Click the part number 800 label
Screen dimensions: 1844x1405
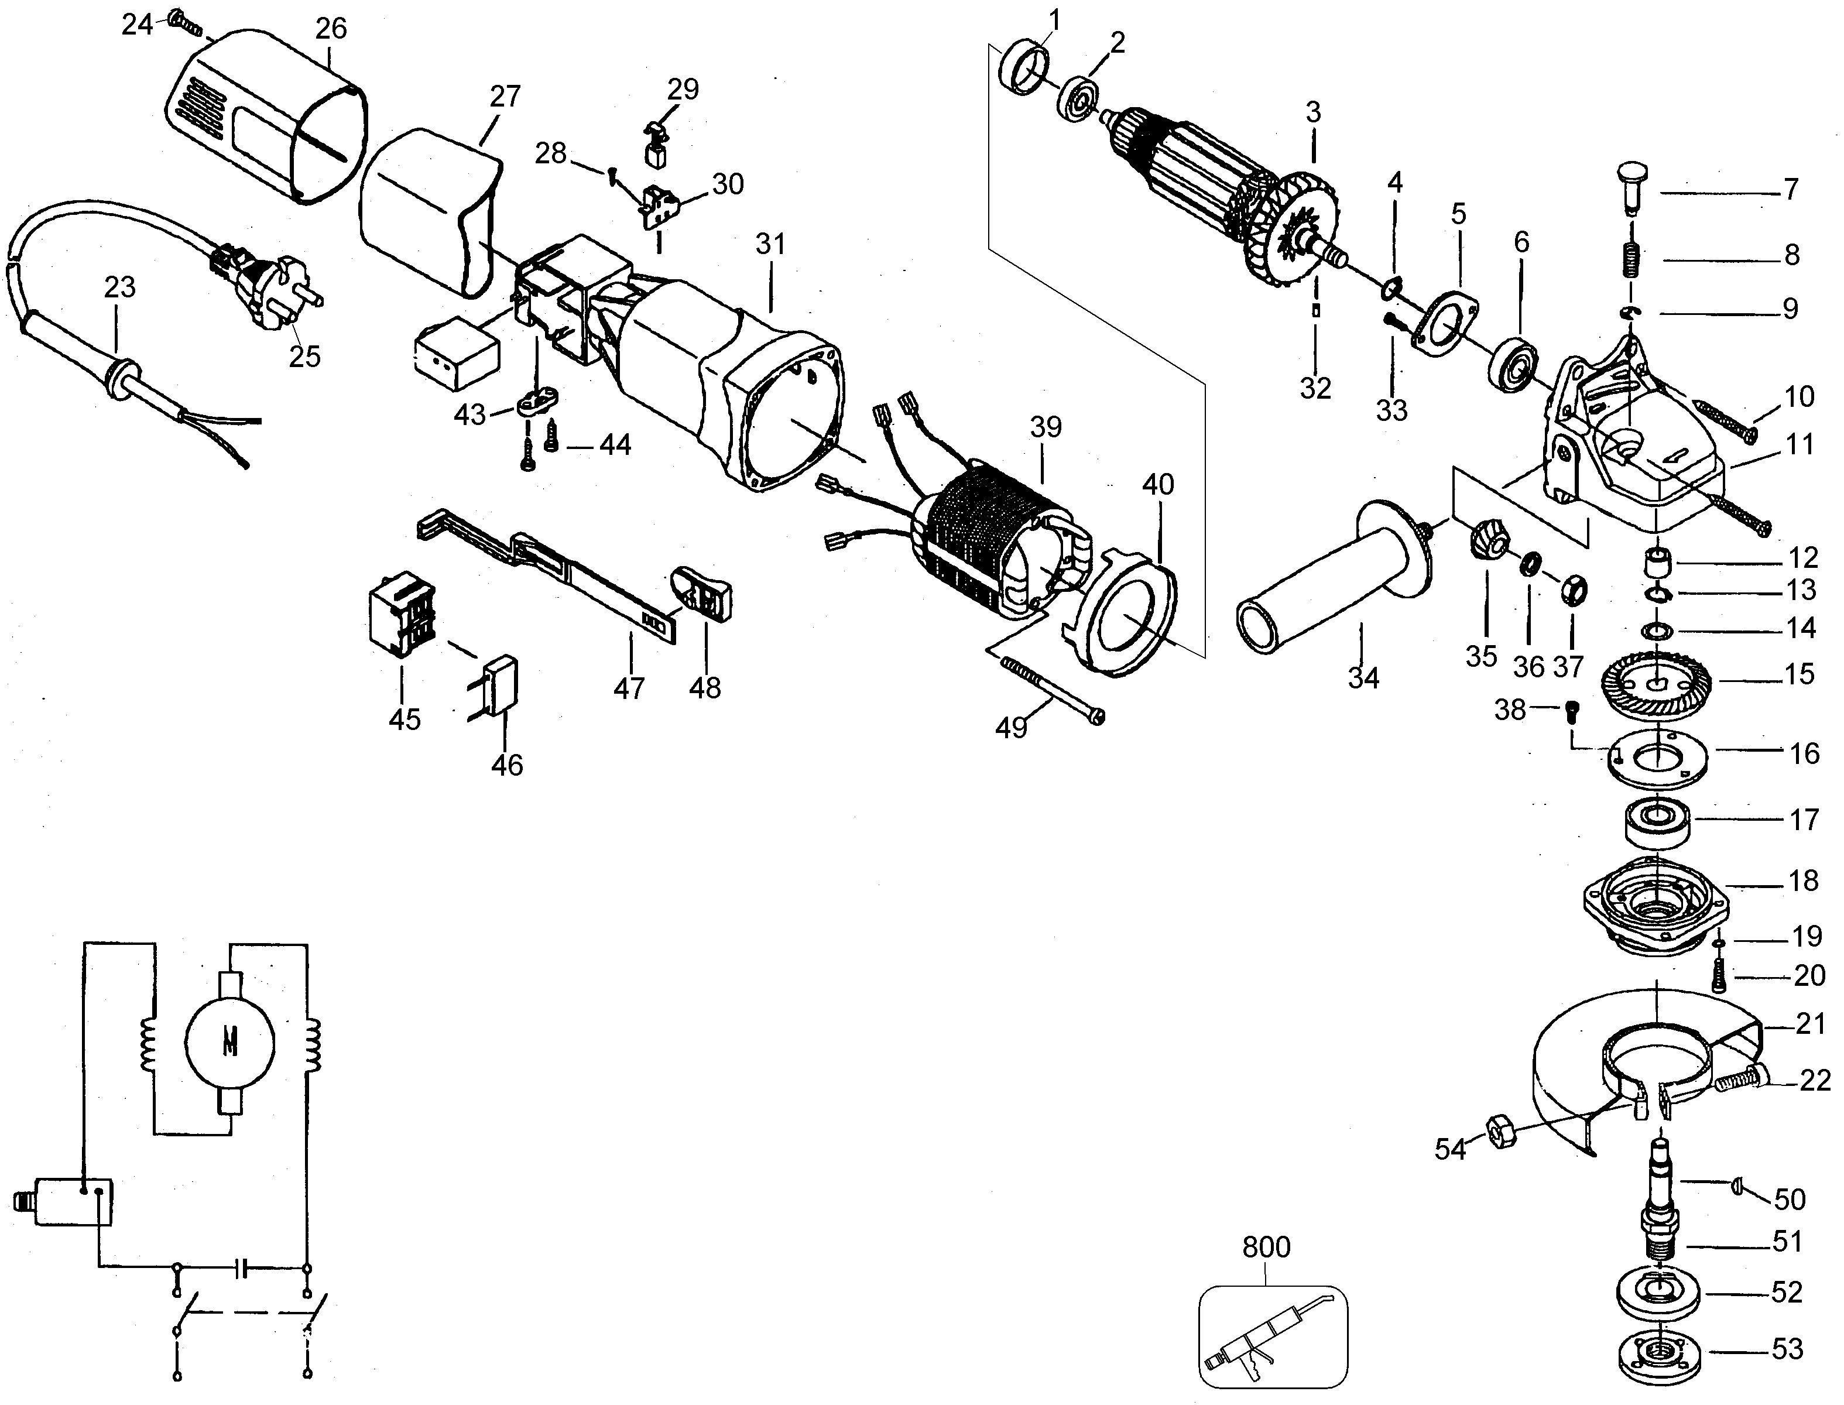1266,1247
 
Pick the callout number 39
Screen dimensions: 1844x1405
1046,427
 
